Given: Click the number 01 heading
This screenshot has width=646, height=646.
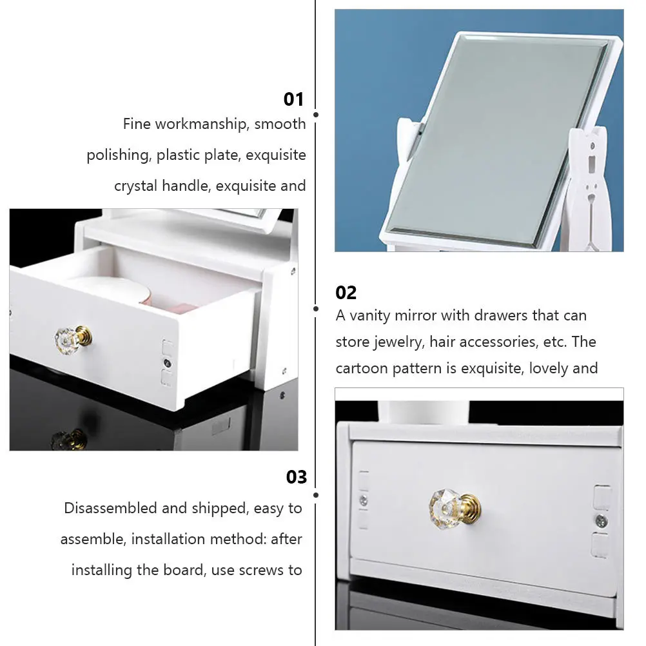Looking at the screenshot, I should [x=293, y=99].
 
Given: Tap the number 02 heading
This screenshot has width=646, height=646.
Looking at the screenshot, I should [x=346, y=293].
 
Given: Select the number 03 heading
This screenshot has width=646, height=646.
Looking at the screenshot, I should [x=297, y=477].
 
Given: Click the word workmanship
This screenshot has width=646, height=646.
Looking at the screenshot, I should [x=201, y=124].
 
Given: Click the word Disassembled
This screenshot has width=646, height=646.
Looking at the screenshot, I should [x=110, y=508].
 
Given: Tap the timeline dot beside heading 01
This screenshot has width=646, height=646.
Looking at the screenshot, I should [x=315, y=115].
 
